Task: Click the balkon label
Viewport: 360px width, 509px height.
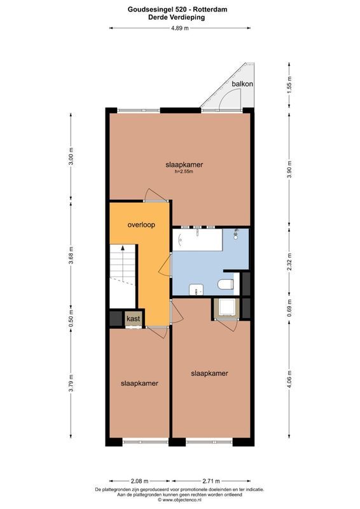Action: click(x=242, y=84)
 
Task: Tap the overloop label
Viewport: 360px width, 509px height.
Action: click(x=141, y=225)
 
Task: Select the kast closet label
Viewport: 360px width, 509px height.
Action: click(x=134, y=319)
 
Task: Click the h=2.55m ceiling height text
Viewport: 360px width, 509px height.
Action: click(x=184, y=171)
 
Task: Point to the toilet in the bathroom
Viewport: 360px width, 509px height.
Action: click(x=226, y=284)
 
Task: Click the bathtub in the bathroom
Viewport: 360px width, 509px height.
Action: click(x=197, y=240)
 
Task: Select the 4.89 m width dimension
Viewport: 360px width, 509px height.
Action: click(x=179, y=28)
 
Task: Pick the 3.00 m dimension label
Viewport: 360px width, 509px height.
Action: click(x=71, y=157)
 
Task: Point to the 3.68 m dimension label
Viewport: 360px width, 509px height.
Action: click(x=71, y=255)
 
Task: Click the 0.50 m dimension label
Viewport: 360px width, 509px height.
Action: click(x=71, y=319)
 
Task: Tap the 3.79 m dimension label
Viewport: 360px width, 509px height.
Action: click(x=71, y=383)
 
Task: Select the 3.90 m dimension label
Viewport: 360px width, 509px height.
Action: click(x=289, y=169)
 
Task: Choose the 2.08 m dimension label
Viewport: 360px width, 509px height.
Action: click(x=139, y=481)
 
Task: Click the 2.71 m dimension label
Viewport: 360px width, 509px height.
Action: click(x=211, y=481)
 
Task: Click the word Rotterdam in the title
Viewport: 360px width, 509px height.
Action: click(x=212, y=10)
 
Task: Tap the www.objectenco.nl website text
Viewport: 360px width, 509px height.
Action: click(x=182, y=499)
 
